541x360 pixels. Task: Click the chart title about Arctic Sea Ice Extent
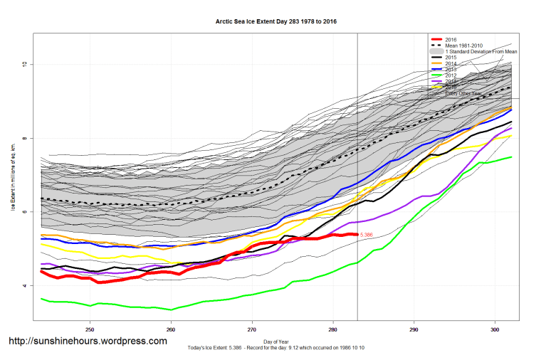click(276, 22)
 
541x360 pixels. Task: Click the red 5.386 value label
click(367, 234)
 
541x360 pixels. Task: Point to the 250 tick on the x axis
click(90, 330)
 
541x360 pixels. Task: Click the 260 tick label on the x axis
click(171, 330)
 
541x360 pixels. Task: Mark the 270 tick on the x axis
click(252, 330)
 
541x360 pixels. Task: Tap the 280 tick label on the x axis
click(333, 330)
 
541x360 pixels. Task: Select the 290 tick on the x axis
click(414, 330)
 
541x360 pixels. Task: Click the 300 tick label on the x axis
click(495, 330)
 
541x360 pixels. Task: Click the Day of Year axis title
click(276, 342)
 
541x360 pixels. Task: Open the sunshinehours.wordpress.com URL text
click(88, 342)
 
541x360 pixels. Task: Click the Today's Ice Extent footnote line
click(276, 348)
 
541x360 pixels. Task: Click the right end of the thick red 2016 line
click(356, 234)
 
